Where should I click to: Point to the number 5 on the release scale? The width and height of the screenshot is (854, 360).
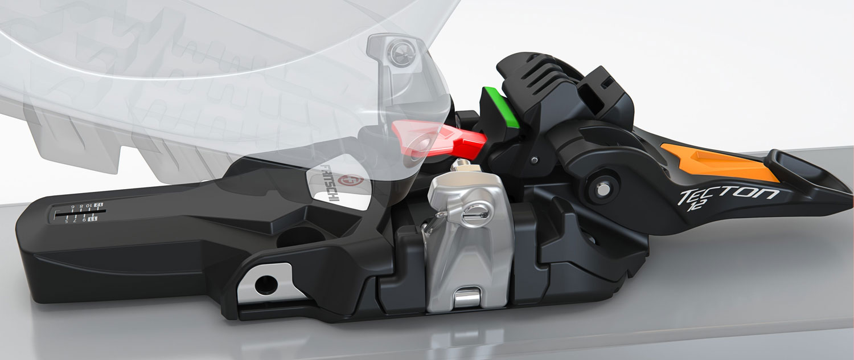67,220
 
